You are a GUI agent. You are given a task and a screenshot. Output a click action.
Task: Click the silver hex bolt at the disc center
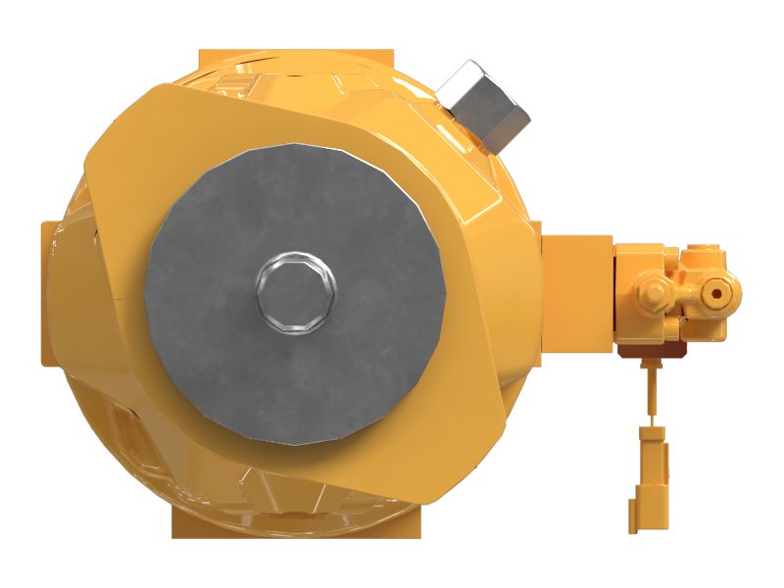pos(294,291)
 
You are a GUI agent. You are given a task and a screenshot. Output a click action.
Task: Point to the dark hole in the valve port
pos(715,292)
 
